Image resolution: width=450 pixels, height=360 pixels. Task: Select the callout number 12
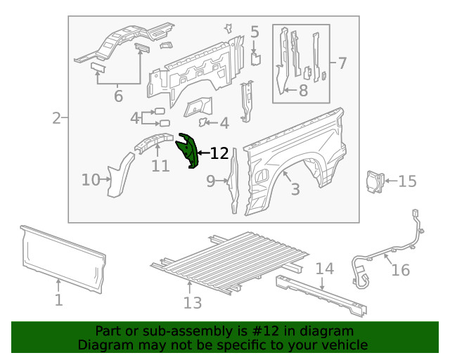219,153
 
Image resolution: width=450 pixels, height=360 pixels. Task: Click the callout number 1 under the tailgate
59,300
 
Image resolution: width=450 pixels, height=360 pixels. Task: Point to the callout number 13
192,302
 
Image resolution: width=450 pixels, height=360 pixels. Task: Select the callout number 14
323,268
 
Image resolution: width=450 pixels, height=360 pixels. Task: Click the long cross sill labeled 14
323,294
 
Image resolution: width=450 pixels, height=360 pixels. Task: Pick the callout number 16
400,270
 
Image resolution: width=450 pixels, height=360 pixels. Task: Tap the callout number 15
407,181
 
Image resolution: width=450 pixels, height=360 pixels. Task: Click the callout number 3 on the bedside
295,188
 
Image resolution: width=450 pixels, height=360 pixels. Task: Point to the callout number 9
211,181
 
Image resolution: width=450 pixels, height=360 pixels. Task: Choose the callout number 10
90,180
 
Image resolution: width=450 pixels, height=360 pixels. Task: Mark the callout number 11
160,167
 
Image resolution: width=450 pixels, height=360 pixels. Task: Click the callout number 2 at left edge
56,118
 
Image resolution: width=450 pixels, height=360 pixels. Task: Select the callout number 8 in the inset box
303,90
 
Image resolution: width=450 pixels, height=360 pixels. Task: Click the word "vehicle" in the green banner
342,345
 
